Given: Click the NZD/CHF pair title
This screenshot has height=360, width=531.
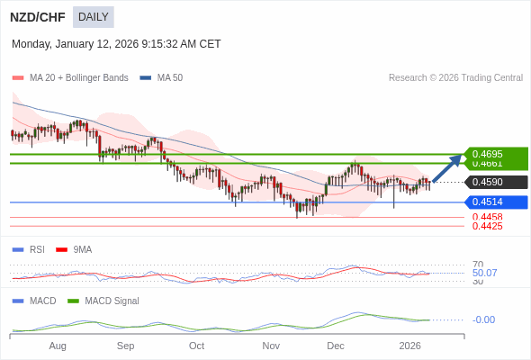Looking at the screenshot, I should click(38, 17).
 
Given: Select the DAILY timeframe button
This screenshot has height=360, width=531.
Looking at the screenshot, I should click(94, 17).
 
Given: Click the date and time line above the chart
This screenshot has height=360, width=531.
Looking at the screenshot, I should click(116, 44).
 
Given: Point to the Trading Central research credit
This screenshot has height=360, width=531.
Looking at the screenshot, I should click(455, 78).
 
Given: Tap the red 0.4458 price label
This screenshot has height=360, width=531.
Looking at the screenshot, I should click(487, 217).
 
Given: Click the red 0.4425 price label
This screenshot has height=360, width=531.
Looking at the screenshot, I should click(487, 226).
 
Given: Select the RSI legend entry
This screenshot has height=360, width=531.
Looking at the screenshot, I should click(36, 249).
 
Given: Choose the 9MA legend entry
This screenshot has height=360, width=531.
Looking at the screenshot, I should click(82, 249).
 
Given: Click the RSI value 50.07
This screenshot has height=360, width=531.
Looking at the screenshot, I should click(484, 273).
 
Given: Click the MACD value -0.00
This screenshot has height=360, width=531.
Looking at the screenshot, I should click(483, 319).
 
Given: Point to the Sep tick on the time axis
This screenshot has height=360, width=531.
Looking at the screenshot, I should click(125, 346).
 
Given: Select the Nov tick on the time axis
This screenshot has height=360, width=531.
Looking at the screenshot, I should click(271, 346).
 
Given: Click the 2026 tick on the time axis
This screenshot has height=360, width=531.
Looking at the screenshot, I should click(409, 346).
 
